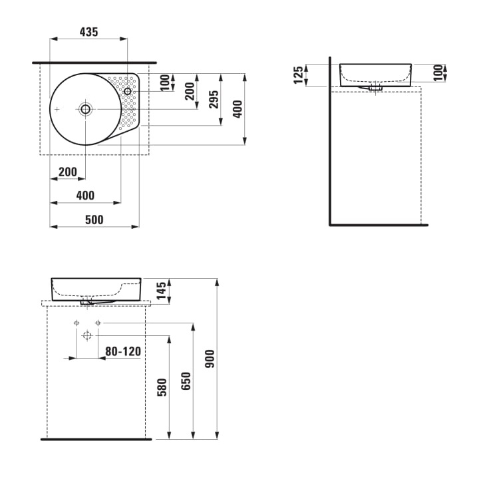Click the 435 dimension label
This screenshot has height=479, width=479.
tap(88, 31)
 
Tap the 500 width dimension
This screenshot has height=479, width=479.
tap(94, 220)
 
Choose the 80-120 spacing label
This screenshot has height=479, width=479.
tap(123, 351)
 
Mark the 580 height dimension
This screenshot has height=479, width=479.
tap(162, 387)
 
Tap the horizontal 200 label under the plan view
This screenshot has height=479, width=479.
tap(67, 172)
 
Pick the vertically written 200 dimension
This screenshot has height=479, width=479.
tap(190, 90)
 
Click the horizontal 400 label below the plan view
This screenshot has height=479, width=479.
tap(85, 196)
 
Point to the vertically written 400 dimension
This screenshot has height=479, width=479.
tap(238, 108)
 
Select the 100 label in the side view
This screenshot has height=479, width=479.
tap(437, 73)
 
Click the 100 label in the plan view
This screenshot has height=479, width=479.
tap(164, 83)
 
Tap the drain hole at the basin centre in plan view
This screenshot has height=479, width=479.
tap(85, 108)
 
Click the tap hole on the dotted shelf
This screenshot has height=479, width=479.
tap(128, 91)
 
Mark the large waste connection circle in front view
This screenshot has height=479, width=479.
tap(86, 336)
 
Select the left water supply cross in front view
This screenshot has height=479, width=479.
tap(77, 323)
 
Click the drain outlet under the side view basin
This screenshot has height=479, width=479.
tap(375, 86)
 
